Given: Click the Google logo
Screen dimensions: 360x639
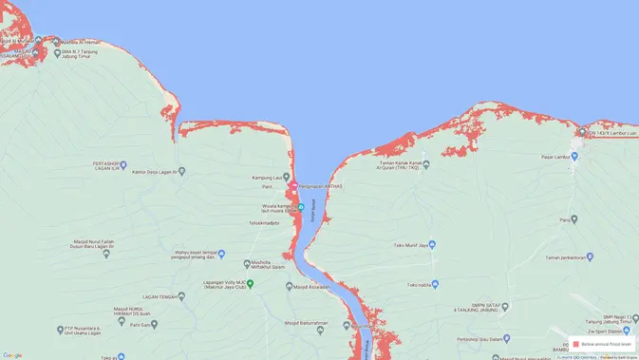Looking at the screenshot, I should (x=12, y=355).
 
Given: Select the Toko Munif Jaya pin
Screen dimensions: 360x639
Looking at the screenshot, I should (x=432, y=244).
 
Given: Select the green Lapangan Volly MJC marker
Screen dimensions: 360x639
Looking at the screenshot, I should (x=251, y=283).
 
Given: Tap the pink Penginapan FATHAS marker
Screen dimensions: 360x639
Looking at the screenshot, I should (x=293, y=185).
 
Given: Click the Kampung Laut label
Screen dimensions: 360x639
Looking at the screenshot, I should (x=270, y=178).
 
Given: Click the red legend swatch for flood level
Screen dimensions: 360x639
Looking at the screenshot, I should (x=575, y=344).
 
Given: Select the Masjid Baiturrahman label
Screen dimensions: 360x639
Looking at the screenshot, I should (x=306, y=323).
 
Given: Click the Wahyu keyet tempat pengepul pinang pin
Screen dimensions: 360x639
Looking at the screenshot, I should (x=221, y=254).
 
